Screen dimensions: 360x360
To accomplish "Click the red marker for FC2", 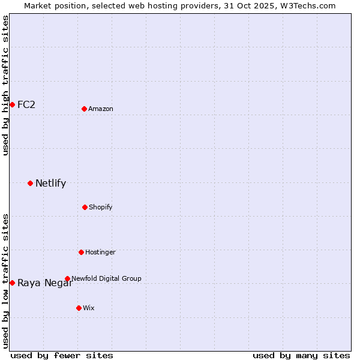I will click(x=12, y=104).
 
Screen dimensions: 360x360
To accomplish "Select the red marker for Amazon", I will click(x=85, y=109).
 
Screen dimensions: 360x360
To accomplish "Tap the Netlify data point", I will click(x=30, y=183).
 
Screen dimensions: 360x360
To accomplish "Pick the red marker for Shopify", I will click(x=85, y=207).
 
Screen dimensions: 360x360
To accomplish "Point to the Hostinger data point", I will click(x=81, y=252).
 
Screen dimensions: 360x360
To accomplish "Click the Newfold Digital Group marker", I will click(x=67, y=278).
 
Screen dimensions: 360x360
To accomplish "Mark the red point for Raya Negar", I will click(x=12, y=283).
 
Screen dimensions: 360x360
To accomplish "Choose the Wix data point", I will click(x=79, y=308).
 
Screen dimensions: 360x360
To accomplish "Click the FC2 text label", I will click(x=26, y=104).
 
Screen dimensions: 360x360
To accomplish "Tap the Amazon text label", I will click(x=101, y=109).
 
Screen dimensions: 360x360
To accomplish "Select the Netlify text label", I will click(x=50, y=183).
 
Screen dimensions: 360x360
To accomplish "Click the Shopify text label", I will click(x=101, y=207).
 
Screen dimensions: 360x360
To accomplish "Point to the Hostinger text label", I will click(x=100, y=252).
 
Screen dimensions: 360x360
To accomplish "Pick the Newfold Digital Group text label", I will click(x=106, y=278).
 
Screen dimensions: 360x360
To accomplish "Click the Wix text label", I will click(x=89, y=308).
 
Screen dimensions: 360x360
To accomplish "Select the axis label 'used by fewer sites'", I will click(x=62, y=355).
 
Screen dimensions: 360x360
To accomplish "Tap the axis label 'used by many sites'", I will click(x=301, y=355).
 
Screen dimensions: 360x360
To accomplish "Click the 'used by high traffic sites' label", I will click(x=5, y=85).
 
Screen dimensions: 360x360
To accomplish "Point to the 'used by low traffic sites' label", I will click(x=5, y=281).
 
